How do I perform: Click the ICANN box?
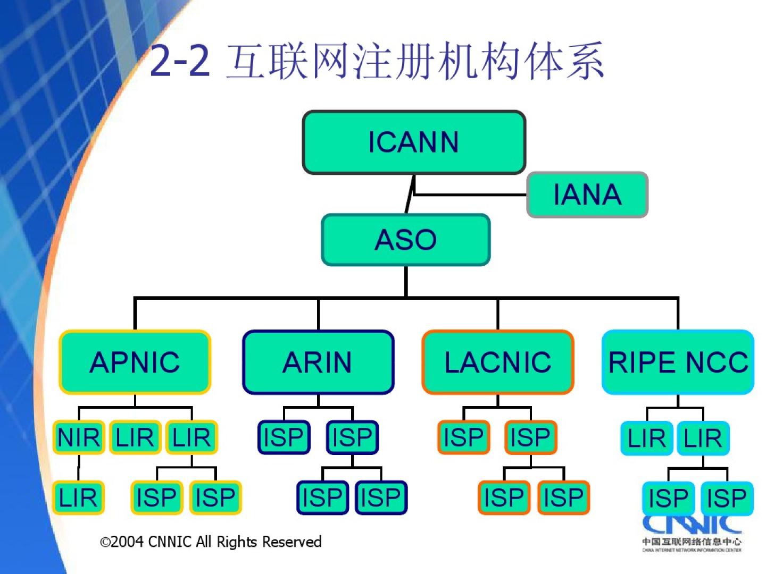coord(414,142)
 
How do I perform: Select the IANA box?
coord(587,195)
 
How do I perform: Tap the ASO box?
coord(405,240)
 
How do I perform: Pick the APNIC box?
coord(135,362)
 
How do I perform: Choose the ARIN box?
coord(318,362)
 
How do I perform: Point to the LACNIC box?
coord(498,362)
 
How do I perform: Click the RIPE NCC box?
coord(678,362)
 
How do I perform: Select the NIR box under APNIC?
coord(79,438)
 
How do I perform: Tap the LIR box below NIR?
coord(78,498)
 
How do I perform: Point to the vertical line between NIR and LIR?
coord(79,468)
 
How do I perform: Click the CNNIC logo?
coord(692,524)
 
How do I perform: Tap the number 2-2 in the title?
coord(180,61)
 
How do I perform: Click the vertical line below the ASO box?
coord(406,281)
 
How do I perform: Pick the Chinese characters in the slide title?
coord(415,61)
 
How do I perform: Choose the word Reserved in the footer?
coord(292,542)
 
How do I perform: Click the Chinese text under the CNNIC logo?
coord(692,542)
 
